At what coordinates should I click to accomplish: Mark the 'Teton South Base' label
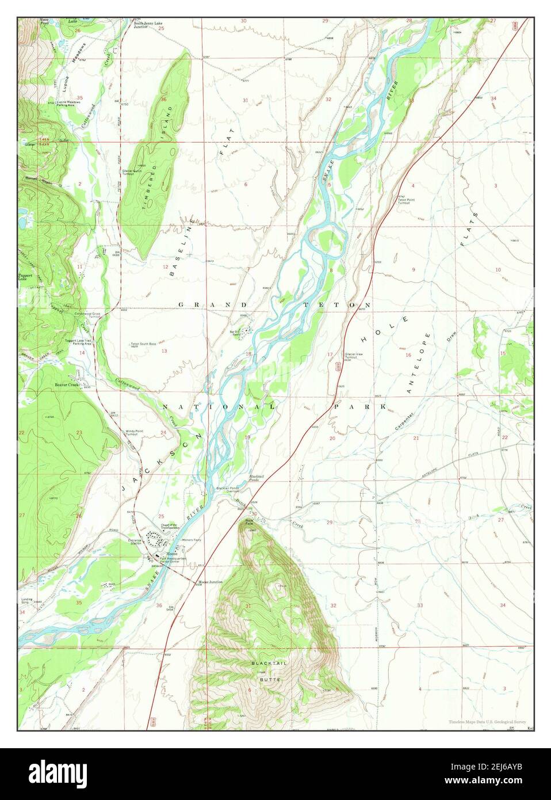tap(143, 344)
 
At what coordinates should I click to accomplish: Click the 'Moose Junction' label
tap(211, 582)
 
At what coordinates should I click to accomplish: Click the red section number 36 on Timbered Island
tap(164, 99)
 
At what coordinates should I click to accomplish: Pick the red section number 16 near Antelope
tap(408, 355)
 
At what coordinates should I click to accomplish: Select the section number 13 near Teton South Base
tap(164, 351)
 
